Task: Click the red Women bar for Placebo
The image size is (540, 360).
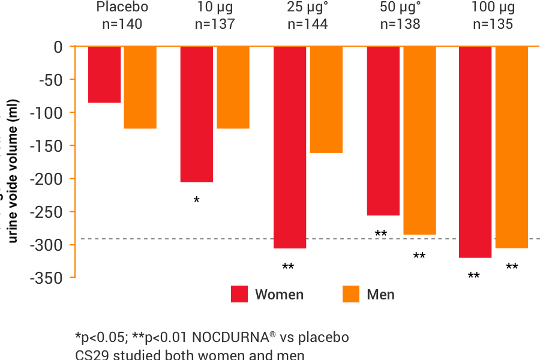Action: click(x=104, y=75)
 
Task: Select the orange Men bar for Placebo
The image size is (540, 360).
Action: click(x=140, y=88)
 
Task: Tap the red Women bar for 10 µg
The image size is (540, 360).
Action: click(x=197, y=114)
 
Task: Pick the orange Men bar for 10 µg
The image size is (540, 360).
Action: click(x=233, y=88)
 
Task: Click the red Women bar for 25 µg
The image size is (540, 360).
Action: click(x=290, y=148)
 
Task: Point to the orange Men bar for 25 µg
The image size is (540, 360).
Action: click(x=326, y=100)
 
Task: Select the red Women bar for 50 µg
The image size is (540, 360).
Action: click(x=383, y=131)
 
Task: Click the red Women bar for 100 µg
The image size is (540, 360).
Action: click(x=475, y=152)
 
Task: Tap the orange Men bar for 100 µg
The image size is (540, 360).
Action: click(x=512, y=147)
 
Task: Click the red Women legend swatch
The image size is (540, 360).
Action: click(x=239, y=294)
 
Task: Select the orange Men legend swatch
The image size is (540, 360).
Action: click(x=351, y=294)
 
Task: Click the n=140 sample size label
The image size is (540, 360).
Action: click(x=122, y=25)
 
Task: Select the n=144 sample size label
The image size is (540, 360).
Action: click(x=308, y=25)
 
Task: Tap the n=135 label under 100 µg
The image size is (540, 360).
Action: click(x=493, y=25)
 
